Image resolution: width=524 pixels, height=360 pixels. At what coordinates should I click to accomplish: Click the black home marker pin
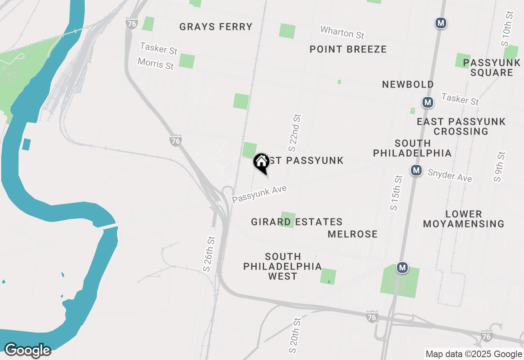click(261, 163)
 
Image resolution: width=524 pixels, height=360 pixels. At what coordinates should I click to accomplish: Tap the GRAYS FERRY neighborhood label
click(216, 27)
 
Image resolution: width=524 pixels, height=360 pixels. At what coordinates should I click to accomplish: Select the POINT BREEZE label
click(348, 49)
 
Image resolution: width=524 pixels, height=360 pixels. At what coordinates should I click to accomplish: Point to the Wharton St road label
click(342, 32)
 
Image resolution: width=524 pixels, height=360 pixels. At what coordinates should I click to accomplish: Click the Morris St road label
click(156, 63)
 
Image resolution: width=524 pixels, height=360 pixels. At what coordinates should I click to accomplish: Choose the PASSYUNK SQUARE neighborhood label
click(492, 67)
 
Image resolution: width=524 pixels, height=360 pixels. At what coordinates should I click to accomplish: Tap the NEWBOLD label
click(408, 84)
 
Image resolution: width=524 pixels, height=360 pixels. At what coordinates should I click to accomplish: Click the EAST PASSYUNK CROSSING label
click(461, 126)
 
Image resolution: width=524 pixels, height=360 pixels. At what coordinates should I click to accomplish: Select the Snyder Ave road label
click(449, 175)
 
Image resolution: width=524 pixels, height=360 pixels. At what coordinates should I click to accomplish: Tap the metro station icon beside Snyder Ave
click(416, 170)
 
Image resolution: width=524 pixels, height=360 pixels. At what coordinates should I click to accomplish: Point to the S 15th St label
click(395, 193)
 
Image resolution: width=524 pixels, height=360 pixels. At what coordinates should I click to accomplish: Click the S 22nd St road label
click(295, 132)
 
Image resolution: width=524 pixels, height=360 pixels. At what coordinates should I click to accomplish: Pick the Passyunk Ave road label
click(260, 194)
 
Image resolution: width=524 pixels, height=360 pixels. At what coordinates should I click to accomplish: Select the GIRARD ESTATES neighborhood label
click(297, 222)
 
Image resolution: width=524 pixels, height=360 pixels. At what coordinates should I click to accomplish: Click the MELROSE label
click(352, 234)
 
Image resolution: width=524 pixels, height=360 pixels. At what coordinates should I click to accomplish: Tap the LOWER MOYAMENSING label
click(463, 219)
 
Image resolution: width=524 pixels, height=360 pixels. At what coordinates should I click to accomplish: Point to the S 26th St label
click(208, 254)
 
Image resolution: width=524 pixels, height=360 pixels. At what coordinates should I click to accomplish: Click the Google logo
click(27, 351)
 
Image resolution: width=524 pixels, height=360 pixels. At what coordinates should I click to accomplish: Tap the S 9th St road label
click(500, 167)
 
